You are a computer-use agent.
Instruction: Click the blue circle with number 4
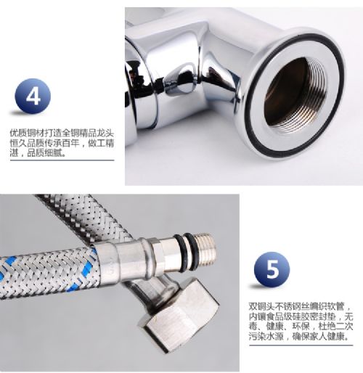tap(33, 97)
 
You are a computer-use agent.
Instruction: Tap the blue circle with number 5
tap(272, 269)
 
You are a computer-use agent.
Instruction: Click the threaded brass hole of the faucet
tap(295, 95)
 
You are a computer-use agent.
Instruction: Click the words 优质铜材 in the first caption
tap(27, 134)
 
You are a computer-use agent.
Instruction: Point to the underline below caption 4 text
tap(62, 160)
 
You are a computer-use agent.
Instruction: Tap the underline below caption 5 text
tap(301, 345)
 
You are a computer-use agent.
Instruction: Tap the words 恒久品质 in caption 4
tap(27, 143)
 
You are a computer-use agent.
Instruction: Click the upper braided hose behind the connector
tap(82, 218)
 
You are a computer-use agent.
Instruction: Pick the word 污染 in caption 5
tap(258, 336)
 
